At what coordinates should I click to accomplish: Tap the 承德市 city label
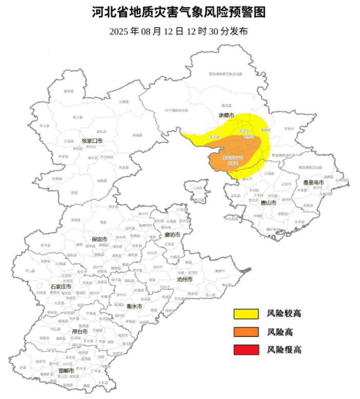pos(226,116)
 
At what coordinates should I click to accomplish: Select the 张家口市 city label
pos(92,141)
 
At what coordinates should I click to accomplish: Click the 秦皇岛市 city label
pos(313,182)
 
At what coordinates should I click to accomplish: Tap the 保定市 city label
pos(99,239)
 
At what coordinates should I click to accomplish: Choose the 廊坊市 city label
pos(172,235)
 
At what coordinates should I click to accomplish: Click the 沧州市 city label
pos(184,280)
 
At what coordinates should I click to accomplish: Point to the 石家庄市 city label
pos(60,286)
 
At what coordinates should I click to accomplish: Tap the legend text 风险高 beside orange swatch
pos(280,332)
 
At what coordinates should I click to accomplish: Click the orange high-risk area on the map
pos(230,159)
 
